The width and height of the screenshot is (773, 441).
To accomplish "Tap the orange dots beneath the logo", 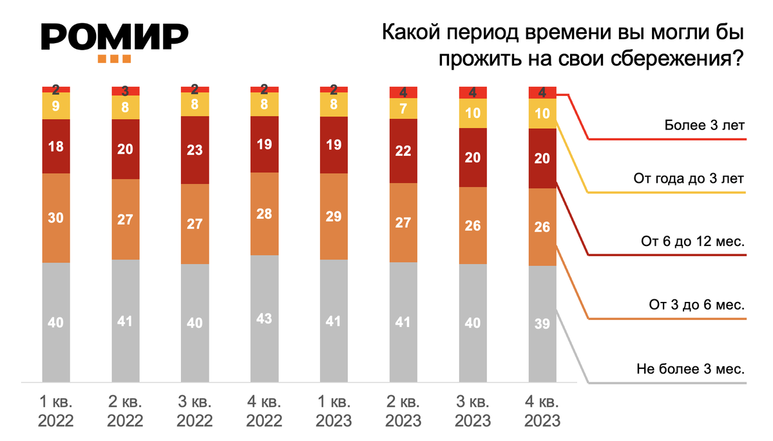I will [115, 59].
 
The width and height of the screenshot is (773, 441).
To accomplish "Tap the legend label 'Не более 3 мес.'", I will [691, 370].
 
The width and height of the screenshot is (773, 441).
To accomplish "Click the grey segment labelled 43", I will [265, 318].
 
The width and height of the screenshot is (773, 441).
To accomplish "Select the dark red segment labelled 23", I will [195, 150].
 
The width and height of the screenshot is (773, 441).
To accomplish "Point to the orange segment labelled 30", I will [56, 218].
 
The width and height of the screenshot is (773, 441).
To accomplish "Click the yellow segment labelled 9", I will [56, 106].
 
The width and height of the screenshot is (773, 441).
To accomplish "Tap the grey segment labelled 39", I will [542, 324].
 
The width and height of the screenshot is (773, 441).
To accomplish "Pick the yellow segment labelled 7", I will [403, 108].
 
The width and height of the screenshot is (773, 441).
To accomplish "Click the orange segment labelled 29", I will [334, 216].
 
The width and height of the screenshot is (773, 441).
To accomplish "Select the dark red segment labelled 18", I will [56, 146].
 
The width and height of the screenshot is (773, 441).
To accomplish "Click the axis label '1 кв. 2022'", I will [55, 412].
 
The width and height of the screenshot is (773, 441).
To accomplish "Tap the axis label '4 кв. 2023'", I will [542, 412].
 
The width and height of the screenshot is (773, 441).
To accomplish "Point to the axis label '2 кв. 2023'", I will [403, 412].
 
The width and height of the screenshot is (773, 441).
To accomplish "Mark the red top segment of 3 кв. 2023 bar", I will [473, 93].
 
